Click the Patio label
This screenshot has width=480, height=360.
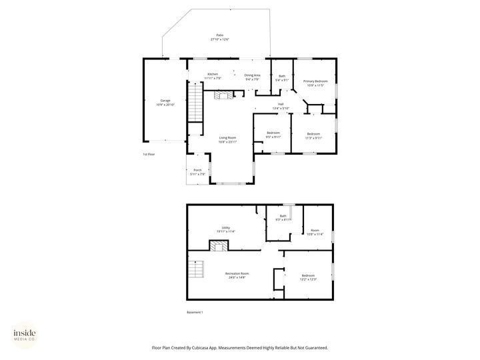tap(219, 37)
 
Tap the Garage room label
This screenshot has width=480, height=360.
tap(165, 103)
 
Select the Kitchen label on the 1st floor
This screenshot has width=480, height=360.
tap(213, 77)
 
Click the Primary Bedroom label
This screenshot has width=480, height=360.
tap(315, 83)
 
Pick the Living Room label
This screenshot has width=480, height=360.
tap(228, 139)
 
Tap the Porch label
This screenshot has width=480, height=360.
tap(197, 172)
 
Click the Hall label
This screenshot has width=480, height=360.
tap(281, 106)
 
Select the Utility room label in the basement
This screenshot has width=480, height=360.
tap(226, 229)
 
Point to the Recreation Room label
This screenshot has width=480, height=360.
tap(237, 275)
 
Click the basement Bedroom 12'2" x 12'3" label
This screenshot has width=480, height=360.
tap(308, 277)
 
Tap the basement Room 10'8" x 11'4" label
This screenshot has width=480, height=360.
tap(315, 232)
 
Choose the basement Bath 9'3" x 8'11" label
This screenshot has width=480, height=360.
tap(283, 217)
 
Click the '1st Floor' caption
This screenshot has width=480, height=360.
tap(149, 155)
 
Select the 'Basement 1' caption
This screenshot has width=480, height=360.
tap(195, 312)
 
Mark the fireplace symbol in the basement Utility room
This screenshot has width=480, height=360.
tap(217, 247)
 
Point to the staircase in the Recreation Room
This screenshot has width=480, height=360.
tap(196, 271)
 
